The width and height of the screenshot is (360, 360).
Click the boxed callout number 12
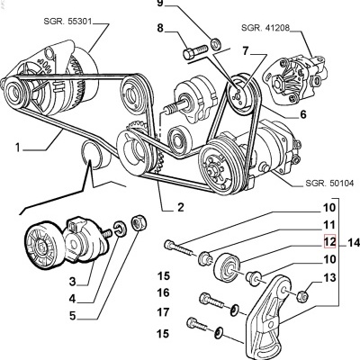[x=330, y=242]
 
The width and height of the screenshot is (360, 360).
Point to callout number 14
[x=352, y=242]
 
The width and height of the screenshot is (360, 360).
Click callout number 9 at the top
[x=161, y=4]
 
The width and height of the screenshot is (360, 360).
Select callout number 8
[x=161, y=29]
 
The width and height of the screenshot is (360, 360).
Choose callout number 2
[x=180, y=207]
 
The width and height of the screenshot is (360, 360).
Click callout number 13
[x=330, y=280]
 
